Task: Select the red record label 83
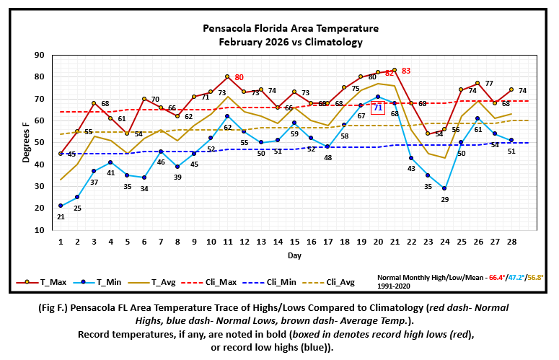click(x=406, y=71)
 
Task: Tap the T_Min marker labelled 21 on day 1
click(x=61, y=206)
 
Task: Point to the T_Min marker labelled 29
click(x=444, y=188)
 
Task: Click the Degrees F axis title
click(x=25, y=142)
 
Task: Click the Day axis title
click(x=294, y=255)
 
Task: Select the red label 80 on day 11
click(x=239, y=77)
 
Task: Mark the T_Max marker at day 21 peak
click(x=395, y=70)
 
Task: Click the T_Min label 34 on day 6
click(x=144, y=189)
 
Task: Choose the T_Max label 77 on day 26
click(x=488, y=84)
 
